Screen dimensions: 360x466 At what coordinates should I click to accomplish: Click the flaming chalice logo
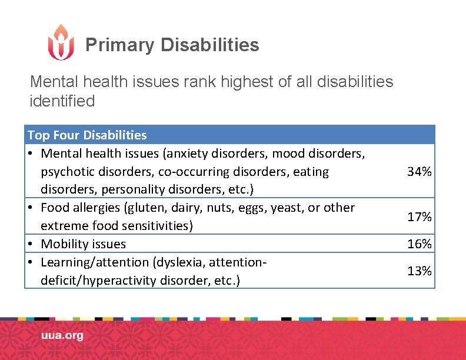coord(61,42)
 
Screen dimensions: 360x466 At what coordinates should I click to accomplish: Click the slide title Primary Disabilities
coord(172,45)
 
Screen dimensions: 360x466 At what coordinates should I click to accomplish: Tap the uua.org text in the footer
coord(62,336)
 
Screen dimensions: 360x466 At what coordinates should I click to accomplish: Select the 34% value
coord(420,172)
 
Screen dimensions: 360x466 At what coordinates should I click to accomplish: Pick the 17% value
coord(420,217)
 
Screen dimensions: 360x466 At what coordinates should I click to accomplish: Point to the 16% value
coord(420,244)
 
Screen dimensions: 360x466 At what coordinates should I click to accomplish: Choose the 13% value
coord(420,271)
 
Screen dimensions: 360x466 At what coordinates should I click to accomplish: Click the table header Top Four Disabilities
coord(87,135)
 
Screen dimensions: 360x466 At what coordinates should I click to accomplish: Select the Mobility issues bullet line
coord(83,244)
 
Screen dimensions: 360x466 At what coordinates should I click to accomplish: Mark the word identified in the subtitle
coord(62,101)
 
